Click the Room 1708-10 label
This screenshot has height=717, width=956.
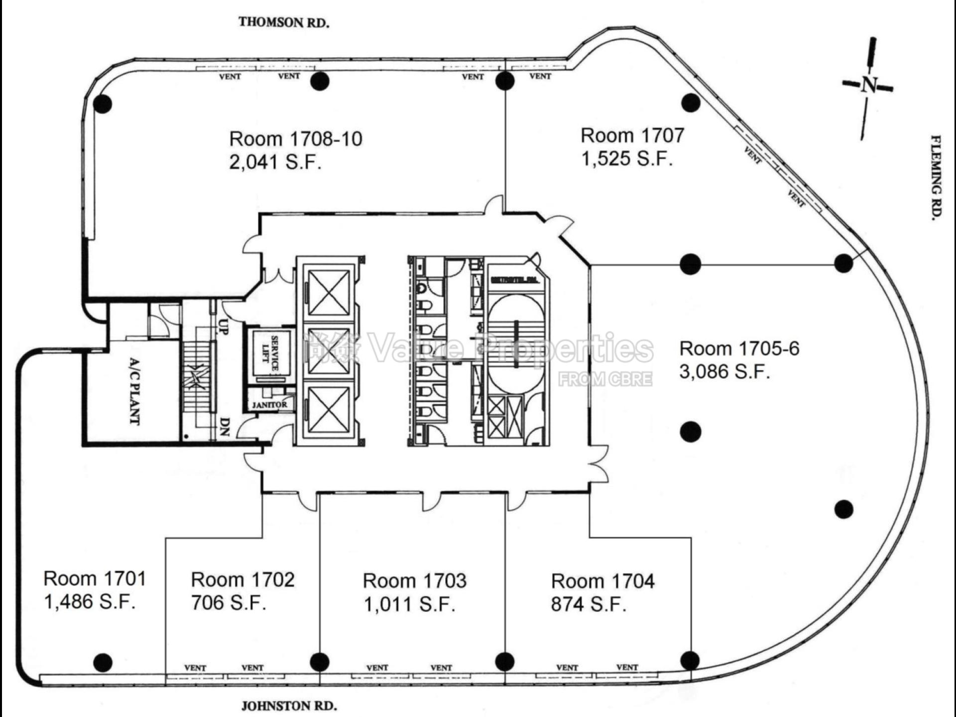click(296, 139)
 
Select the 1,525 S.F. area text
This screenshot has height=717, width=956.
click(627, 159)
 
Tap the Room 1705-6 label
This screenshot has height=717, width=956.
click(739, 349)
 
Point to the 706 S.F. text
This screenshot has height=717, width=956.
click(229, 603)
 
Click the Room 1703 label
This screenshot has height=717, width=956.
click(414, 581)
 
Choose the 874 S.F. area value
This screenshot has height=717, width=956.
click(588, 604)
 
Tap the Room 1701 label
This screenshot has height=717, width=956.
click(95, 579)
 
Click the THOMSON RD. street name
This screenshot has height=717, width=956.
click(284, 22)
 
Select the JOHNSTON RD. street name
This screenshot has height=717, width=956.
click(289, 706)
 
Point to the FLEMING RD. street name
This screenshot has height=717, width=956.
click(936, 177)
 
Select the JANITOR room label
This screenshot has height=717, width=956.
click(269, 405)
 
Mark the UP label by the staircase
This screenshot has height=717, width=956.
click(224, 326)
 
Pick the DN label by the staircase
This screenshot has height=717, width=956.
click(225, 427)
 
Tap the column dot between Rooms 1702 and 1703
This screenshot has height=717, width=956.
click(319, 662)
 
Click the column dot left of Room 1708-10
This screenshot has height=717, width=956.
click(103, 104)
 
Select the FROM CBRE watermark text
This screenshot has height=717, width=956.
click(605, 379)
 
